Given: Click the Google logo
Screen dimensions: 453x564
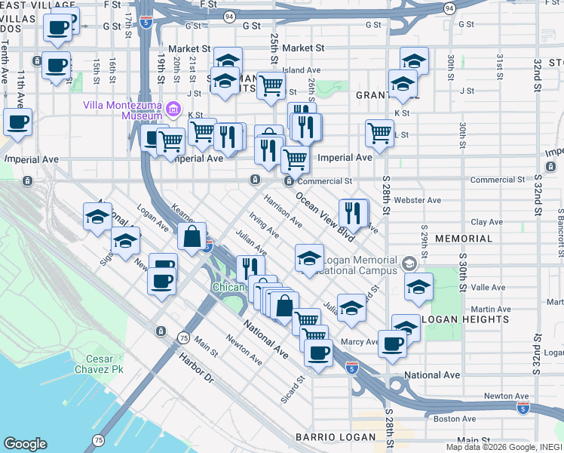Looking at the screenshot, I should [25, 443].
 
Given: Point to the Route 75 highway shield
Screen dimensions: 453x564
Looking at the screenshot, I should [182, 337].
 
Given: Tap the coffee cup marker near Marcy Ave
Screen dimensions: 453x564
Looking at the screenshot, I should [391, 344].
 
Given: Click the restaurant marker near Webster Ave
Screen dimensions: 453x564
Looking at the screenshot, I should [353, 213].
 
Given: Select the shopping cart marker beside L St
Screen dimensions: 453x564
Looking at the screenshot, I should [379, 134].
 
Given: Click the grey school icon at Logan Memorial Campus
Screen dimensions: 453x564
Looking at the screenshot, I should [409, 263].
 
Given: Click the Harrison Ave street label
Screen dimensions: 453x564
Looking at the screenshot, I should [283, 212].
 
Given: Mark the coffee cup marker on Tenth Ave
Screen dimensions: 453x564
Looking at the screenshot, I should [17, 122].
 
